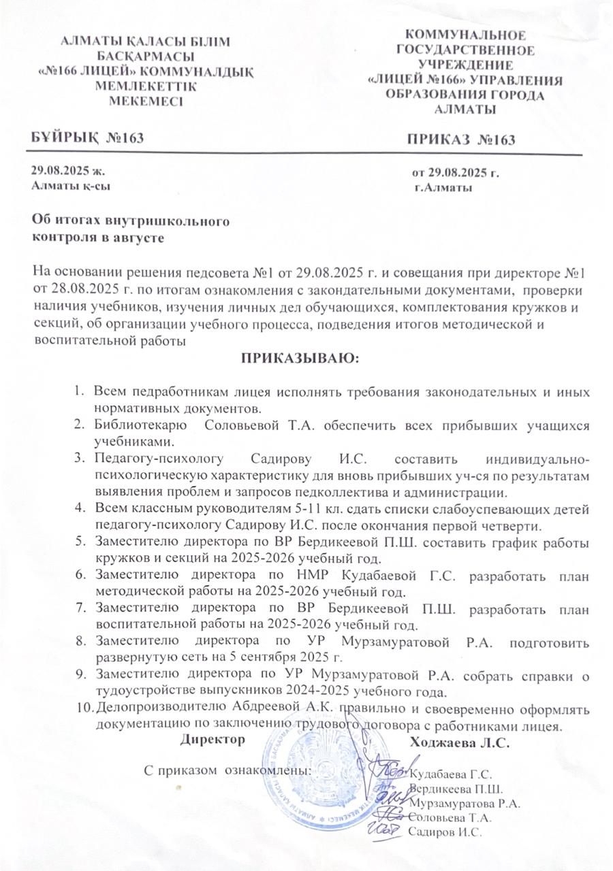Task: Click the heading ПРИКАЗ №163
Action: coord(461,140)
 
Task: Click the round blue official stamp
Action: coord(327,776)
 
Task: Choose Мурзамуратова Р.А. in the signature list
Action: coord(466,802)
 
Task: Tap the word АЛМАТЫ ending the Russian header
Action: coord(465,110)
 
